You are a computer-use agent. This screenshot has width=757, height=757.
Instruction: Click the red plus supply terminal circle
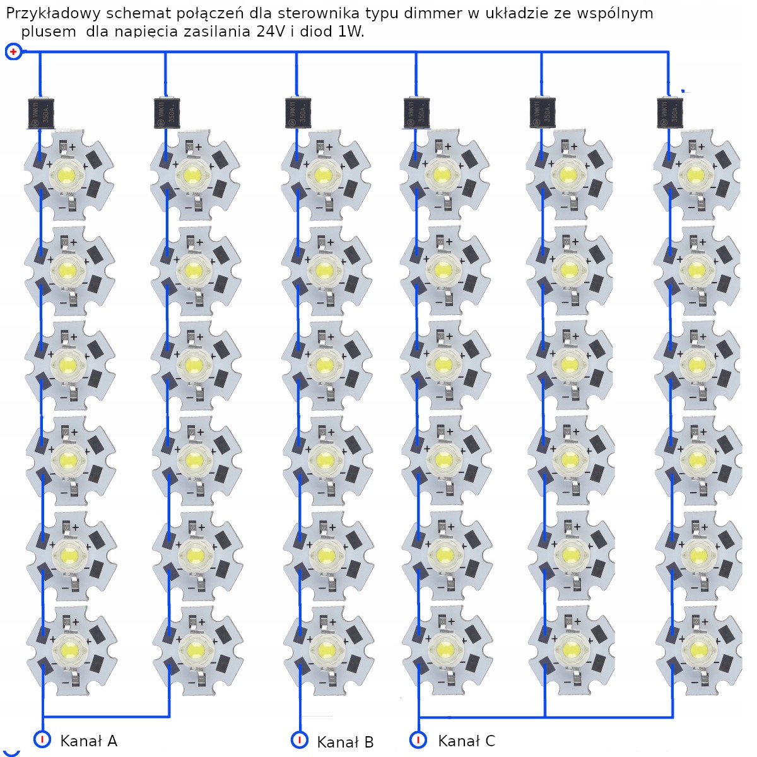pyautogui.click(x=13, y=52)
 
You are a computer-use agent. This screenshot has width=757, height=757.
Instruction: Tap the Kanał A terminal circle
pyautogui.click(x=42, y=739)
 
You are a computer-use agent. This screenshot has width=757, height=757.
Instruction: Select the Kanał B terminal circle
pyautogui.click(x=300, y=739)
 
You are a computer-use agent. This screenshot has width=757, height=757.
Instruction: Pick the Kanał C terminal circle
pyautogui.click(x=418, y=739)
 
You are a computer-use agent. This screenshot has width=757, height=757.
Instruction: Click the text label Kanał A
pyautogui.click(x=88, y=741)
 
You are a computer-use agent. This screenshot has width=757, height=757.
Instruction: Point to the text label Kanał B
pyautogui.click(x=345, y=742)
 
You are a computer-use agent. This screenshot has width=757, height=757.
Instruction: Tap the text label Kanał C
pyautogui.click(x=466, y=741)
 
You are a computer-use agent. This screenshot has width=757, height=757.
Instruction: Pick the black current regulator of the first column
pyautogui.click(x=40, y=113)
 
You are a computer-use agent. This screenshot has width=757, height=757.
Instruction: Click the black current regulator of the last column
pyautogui.click(x=669, y=113)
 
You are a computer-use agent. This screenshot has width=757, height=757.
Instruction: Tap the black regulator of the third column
pyautogui.click(x=297, y=113)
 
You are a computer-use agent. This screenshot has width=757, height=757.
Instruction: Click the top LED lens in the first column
pyautogui.click(x=66, y=173)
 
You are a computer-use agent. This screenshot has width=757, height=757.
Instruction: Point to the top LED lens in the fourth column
pyautogui.click(x=442, y=173)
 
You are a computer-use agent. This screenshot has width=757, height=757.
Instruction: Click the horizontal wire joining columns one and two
pyautogui.click(x=106, y=717)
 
